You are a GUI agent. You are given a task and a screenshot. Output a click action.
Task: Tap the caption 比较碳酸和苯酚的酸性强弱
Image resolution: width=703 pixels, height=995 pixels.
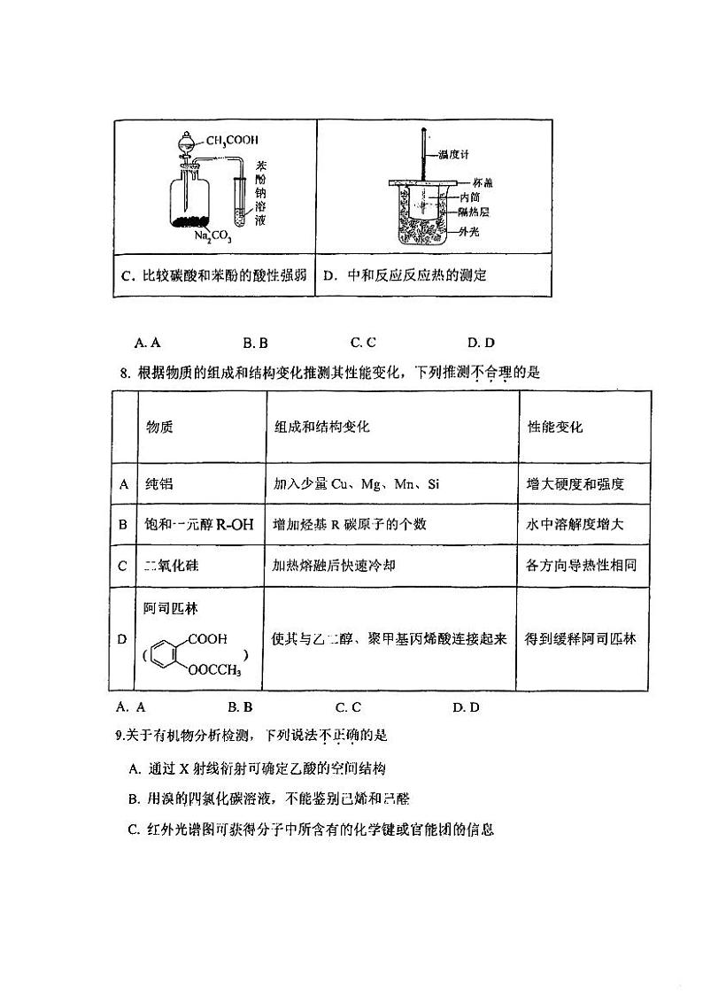point(213,275)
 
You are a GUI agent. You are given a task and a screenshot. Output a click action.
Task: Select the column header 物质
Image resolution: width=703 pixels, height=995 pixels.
point(159,427)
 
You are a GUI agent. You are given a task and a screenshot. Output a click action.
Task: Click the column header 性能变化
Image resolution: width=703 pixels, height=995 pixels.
point(555,427)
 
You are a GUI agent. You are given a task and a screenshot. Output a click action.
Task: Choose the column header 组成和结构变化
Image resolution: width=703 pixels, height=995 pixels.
point(322,427)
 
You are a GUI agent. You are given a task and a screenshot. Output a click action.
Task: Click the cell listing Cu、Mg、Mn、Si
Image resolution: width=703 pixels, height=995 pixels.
point(357,484)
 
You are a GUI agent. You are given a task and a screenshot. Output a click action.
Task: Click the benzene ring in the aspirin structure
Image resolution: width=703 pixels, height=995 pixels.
point(166,655)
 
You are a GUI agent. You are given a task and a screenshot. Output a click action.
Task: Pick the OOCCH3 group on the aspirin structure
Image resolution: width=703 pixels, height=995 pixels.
point(214,671)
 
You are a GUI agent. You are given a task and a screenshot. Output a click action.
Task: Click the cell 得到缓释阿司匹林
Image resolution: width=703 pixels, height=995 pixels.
point(580,638)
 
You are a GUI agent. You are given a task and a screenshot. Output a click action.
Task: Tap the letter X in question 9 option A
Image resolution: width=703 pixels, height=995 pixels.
point(184,768)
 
